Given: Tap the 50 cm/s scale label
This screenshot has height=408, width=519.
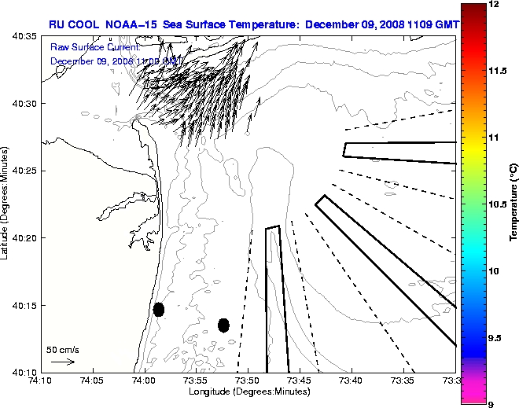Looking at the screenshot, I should (63, 350).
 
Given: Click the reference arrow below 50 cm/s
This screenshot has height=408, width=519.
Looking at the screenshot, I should (63, 362).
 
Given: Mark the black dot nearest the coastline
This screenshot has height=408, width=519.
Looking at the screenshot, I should (159, 309).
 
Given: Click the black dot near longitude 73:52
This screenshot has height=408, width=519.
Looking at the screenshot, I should (223, 325).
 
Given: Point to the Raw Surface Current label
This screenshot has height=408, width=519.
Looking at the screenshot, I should (94, 49).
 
